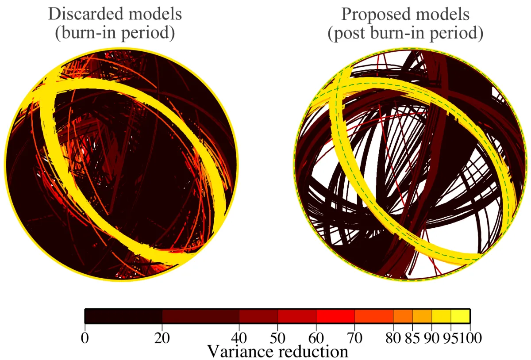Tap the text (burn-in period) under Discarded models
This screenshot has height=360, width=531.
pyautogui.click(x=115, y=34)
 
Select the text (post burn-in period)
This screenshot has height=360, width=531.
pyautogui.click(x=405, y=34)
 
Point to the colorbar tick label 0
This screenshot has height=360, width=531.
pyautogui.click(x=85, y=338)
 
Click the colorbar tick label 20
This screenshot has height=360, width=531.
pyautogui.click(x=162, y=338)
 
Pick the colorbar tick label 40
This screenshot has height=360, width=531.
pyautogui.click(x=239, y=338)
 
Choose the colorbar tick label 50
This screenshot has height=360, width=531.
pyautogui.click(x=278, y=338)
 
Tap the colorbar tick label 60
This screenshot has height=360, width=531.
pyautogui.click(x=316, y=338)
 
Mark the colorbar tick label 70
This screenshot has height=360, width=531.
pyautogui.click(x=355, y=338)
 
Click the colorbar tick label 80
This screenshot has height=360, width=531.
pyautogui.click(x=393, y=338)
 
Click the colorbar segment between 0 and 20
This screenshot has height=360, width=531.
pyautogui.click(x=123, y=316)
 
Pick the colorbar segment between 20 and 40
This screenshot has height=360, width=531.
pyautogui.click(x=201, y=316)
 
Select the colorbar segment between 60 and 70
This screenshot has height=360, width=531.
pyautogui.click(x=335, y=316)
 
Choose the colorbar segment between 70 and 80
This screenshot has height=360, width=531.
pyautogui.click(x=374, y=316)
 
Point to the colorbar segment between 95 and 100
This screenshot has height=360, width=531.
pyautogui.click(x=460, y=316)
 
